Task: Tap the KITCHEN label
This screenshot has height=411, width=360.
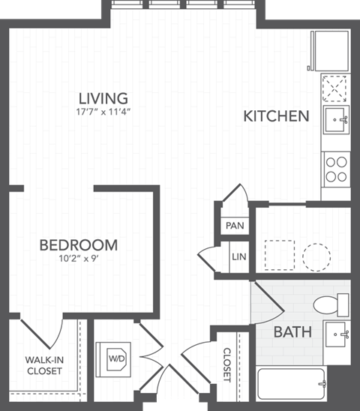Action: point(276,116)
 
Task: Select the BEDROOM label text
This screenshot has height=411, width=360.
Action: point(78,245)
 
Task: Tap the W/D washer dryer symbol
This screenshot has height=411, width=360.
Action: point(116,358)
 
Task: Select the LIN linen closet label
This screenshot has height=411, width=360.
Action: point(238,258)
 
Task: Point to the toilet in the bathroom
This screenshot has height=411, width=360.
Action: point(331,304)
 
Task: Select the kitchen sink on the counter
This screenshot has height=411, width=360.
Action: point(335,118)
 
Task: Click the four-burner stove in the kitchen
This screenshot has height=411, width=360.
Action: point(335,169)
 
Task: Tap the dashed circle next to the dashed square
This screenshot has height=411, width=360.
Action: point(316,254)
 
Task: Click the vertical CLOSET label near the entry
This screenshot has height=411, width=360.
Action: point(227,365)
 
